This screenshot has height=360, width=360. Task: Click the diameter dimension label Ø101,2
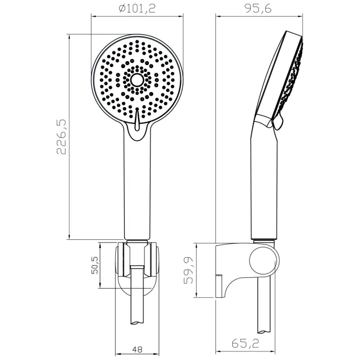[x=137, y=9]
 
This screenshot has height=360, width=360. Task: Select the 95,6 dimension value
[x=258, y=9]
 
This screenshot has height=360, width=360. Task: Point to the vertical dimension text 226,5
[x=61, y=137]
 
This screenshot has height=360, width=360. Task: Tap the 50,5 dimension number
[x=95, y=265]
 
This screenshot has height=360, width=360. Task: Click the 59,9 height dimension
[x=188, y=270]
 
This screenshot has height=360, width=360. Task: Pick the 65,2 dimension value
[x=245, y=343]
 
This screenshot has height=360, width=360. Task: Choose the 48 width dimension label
[x=137, y=350]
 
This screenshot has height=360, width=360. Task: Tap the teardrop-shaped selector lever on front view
[x=137, y=119]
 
